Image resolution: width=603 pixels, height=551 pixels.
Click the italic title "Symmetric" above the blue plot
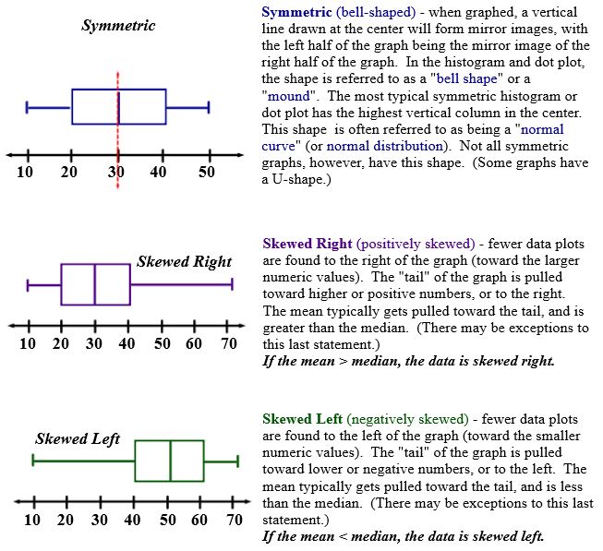pos(118,26)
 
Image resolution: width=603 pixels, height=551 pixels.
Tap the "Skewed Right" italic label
pos(184,261)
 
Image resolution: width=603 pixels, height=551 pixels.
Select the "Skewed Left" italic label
pos(78,438)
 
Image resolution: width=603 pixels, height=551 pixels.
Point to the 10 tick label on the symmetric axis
pos(26,174)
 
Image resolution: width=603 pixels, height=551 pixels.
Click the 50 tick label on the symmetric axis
pos(207,174)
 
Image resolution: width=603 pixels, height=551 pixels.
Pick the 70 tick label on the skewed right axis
pos(227,344)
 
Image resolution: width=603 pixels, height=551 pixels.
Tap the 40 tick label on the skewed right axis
pos(128,344)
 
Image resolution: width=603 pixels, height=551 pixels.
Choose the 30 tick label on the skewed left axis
pos(99,520)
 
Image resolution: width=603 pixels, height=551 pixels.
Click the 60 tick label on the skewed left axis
pos(200,520)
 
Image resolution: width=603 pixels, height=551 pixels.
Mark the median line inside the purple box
pos(95,284)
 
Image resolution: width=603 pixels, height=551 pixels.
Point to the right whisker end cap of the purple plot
pos(231,284)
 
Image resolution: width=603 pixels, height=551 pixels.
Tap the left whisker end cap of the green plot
pos(33,460)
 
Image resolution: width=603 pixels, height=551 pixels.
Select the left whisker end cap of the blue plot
pos(27,107)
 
